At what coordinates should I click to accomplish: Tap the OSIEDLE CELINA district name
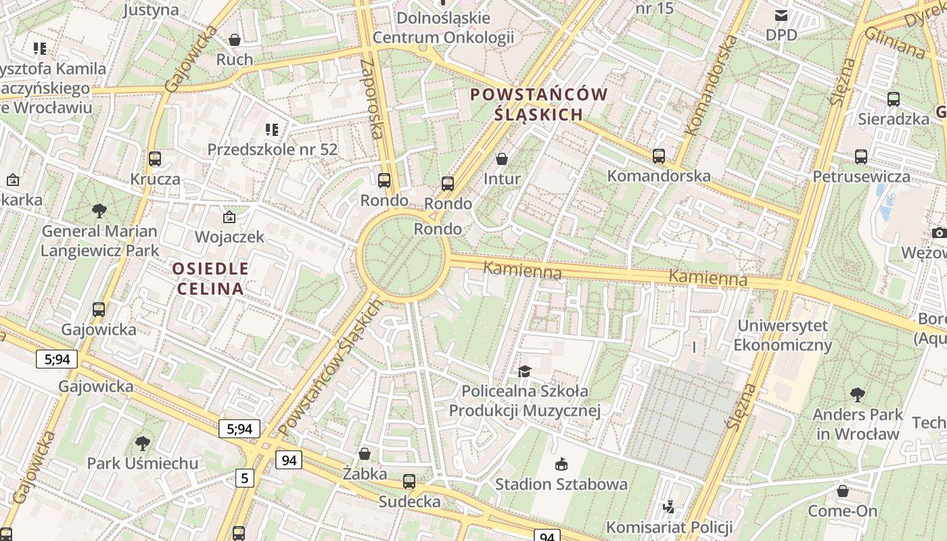coord(210,279)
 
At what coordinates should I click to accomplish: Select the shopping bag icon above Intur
coord(502,159)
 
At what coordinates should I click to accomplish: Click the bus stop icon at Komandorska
coord(659,156)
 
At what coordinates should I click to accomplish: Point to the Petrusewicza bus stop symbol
coord(861,157)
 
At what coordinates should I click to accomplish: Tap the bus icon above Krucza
coord(155,159)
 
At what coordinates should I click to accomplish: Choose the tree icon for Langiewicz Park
coord(99,211)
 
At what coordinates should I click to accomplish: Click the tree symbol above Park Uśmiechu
coord(142,444)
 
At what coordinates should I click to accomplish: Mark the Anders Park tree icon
coord(858,394)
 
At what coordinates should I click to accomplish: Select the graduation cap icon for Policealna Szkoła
coord(524,371)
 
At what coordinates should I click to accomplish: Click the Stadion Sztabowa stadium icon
coord(561,464)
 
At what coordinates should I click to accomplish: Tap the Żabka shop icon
coord(365,454)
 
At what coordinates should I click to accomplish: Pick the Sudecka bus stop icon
coord(409,481)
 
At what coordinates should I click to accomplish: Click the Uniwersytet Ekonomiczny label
coord(783,335)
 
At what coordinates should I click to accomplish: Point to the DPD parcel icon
coord(781,15)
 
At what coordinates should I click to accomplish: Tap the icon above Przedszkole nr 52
coord(272,129)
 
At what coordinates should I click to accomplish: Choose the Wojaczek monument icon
coord(229,217)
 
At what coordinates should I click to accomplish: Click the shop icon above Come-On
coord(843,491)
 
